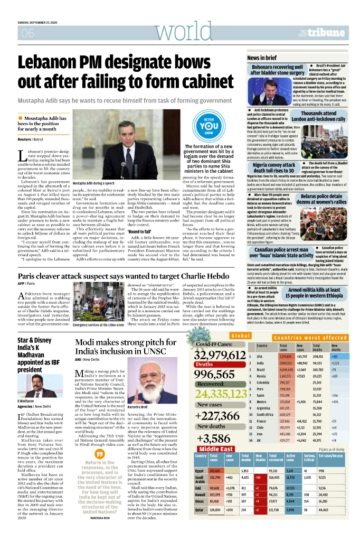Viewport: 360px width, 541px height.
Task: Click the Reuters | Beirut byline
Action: coord(31,139)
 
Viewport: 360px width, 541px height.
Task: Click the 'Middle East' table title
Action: coord(217,449)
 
